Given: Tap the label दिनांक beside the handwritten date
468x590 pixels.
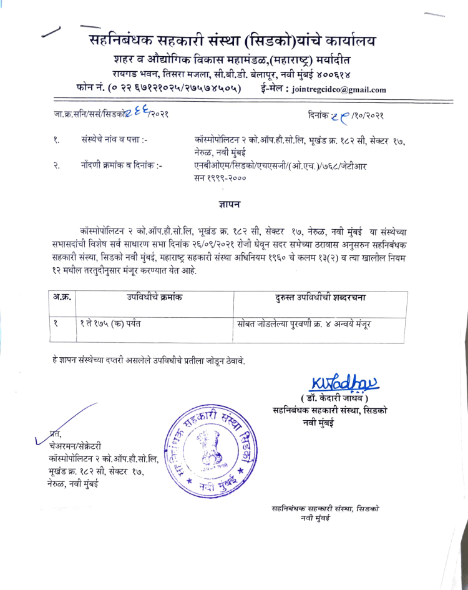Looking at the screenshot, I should tap(321, 117).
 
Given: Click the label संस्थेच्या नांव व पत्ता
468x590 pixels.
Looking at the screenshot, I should tap(114, 141).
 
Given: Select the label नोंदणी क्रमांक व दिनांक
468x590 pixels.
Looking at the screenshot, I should tap(121, 166).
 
